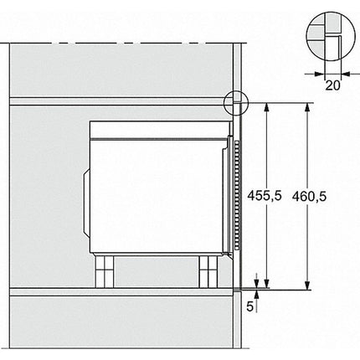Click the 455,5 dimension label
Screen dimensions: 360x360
pyautogui.click(x=265, y=195)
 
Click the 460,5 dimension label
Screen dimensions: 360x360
pyautogui.click(x=309, y=197)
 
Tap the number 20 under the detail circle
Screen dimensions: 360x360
pyautogui.click(x=332, y=85)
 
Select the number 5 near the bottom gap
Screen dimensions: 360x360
pyautogui.click(x=249, y=306)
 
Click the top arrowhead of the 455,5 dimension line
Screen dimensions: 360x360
pyautogui.click(x=267, y=107)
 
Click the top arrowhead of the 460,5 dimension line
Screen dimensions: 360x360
pyautogui.click(x=307, y=107)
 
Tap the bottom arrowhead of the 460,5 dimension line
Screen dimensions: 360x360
pyautogui.click(x=307, y=285)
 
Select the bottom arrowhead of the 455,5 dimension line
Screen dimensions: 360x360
pyautogui.click(x=267, y=283)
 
